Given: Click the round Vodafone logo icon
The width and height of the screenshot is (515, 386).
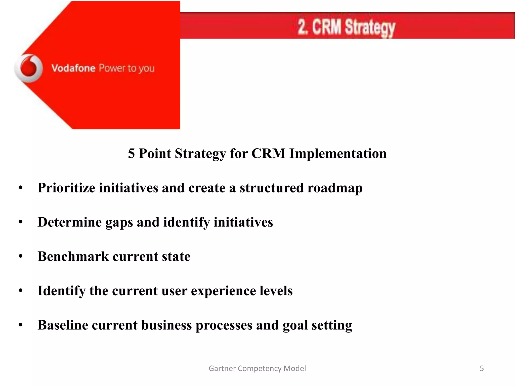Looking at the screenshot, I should point(28,68).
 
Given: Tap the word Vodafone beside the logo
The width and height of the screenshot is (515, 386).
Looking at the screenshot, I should point(73,68).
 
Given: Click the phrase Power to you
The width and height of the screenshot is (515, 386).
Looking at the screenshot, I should point(126,68).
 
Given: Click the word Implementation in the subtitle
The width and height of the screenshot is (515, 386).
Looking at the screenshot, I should point(338,153).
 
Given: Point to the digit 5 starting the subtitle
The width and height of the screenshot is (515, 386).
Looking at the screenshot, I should point(131,153).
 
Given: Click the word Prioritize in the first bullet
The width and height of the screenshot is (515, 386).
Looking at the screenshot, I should point(66,188).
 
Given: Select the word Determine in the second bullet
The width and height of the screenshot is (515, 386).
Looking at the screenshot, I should point(69,222).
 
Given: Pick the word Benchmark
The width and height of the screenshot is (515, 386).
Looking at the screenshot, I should point(73,256).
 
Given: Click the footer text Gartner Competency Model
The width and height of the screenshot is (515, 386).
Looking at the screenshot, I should point(257,368).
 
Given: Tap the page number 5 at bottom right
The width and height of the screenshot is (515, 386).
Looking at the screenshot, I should point(482,368).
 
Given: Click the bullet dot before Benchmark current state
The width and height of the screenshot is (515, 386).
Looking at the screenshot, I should point(21,256).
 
